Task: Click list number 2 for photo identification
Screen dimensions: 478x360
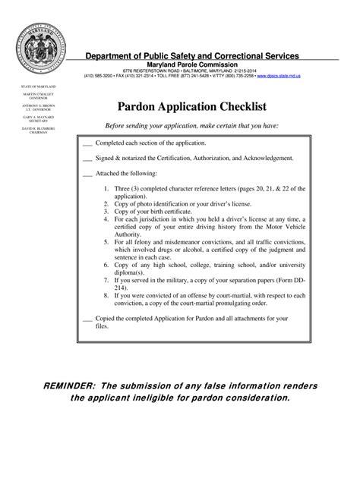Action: point(106,204)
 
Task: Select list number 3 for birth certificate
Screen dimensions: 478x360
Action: point(106,212)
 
